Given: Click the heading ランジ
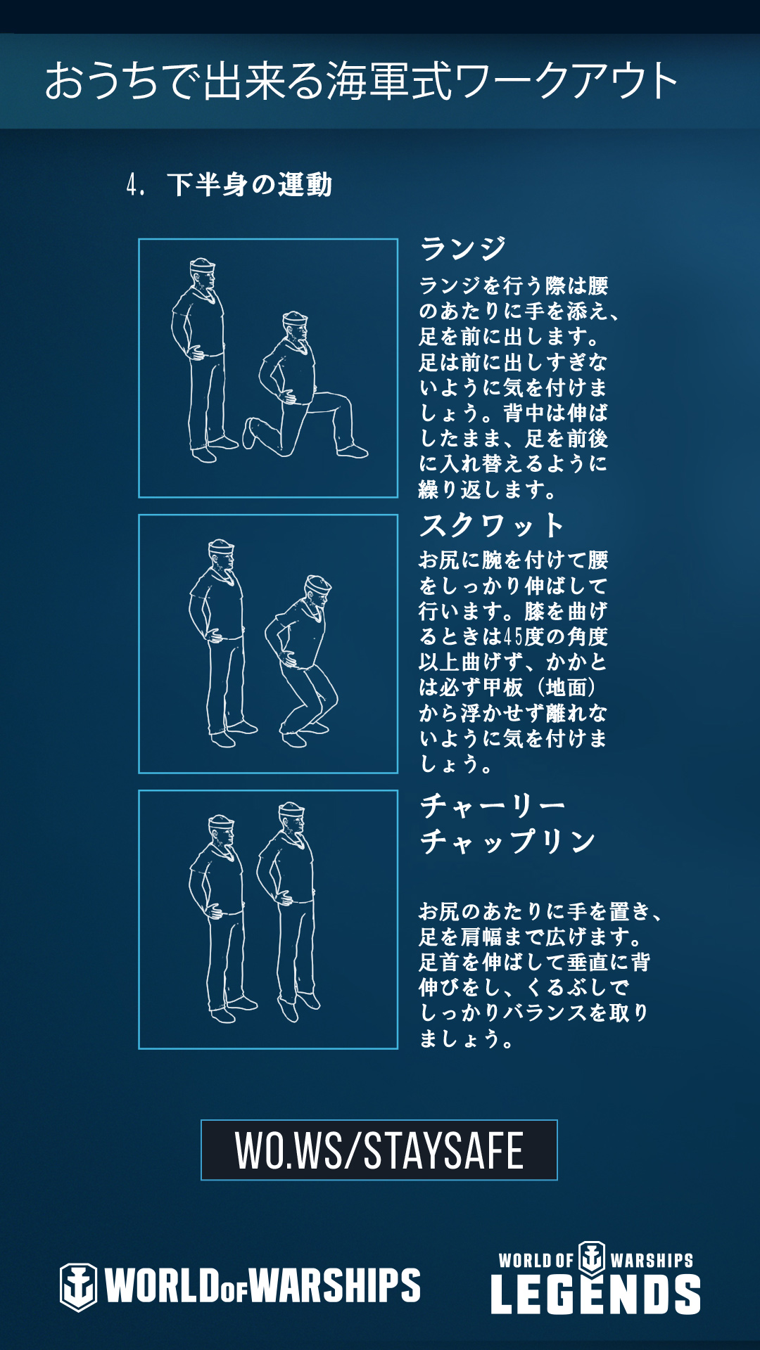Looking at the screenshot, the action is click(463, 249).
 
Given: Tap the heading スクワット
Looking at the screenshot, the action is click(492, 525).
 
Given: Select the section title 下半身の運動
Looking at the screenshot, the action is click(250, 185).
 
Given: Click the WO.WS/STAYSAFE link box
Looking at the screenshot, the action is click(379, 1150).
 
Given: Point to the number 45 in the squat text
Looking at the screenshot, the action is click(514, 637).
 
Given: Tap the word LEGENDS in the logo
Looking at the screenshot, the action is click(595, 1294).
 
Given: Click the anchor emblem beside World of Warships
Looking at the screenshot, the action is click(78, 1287).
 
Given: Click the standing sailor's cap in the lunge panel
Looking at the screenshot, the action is click(202, 266).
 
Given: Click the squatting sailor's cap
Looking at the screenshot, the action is click(317, 584).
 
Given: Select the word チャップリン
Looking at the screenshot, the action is click(508, 841).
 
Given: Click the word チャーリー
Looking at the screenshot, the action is click(493, 806).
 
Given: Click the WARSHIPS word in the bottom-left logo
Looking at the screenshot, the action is click(335, 1286).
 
